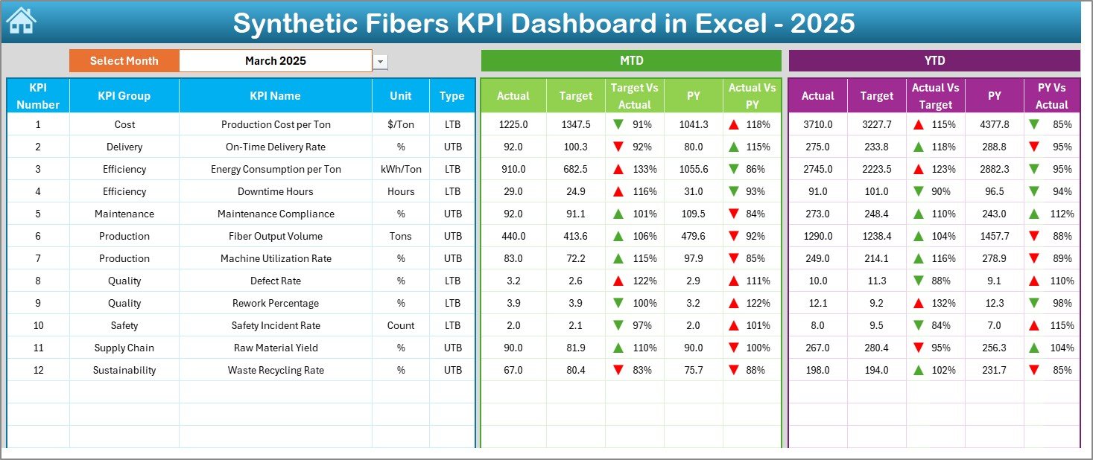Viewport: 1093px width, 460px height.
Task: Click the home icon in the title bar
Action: point(21,21)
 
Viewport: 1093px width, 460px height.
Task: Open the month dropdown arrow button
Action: point(381,62)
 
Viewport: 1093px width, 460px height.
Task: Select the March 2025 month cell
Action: point(275,61)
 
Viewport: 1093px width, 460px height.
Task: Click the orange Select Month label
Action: point(124,61)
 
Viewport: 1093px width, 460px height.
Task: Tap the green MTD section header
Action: point(631,60)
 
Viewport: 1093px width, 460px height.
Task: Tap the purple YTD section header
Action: point(934,60)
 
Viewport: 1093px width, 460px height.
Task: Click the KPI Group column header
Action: point(124,95)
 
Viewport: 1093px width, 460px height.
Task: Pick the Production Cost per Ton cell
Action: point(275,124)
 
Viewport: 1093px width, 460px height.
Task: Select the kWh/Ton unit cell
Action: point(400,169)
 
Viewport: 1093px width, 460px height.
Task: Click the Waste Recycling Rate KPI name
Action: point(275,370)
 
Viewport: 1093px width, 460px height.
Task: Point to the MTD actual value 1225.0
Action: point(513,124)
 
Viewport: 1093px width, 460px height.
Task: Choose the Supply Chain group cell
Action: point(124,348)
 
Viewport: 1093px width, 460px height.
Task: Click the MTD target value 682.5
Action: point(575,169)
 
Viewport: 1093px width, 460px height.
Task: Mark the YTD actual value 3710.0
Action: point(817,124)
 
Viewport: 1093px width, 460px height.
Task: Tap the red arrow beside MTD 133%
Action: point(618,169)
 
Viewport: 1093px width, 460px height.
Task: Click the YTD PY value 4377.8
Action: point(994,124)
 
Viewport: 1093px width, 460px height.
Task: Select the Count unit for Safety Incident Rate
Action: point(400,325)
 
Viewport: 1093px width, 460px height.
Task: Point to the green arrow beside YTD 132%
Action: point(919,303)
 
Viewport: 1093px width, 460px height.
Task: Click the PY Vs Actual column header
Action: point(1051,95)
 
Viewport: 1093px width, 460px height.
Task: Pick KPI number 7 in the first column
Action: point(38,258)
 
